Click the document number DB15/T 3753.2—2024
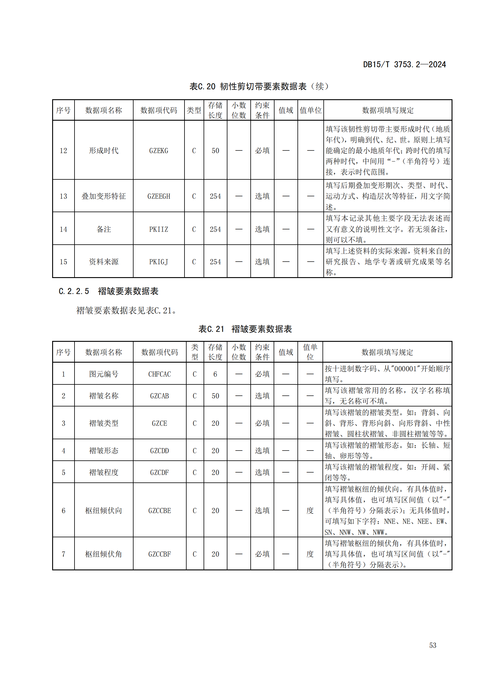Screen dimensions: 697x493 pyautogui.click(x=404, y=64)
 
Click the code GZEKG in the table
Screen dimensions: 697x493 pyautogui.click(x=159, y=150)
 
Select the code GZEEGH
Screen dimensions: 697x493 pyautogui.click(x=159, y=196)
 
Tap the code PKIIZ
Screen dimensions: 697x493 pyautogui.click(x=159, y=229)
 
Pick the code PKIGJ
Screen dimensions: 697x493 pyautogui.click(x=159, y=262)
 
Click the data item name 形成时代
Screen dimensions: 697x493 pyautogui.click(x=103, y=150)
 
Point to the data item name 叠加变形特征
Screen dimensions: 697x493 pyautogui.click(x=103, y=196)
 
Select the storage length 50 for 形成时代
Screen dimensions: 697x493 pyautogui.click(x=215, y=150)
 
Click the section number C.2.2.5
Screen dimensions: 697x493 pyautogui.click(x=74, y=291)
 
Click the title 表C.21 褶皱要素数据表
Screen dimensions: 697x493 pyautogui.click(x=245, y=329)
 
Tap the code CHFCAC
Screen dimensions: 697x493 pyautogui.click(x=159, y=374)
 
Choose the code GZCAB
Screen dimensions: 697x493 pyautogui.click(x=159, y=396)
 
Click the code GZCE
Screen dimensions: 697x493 pyautogui.click(x=159, y=423)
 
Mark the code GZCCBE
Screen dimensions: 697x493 pyautogui.click(x=159, y=511)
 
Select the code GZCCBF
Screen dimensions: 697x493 pyautogui.click(x=159, y=554)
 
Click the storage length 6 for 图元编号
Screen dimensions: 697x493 pyautogui.click(x=215, y=374)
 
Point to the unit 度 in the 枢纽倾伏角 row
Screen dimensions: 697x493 pyautogui.click(x=310, y=554)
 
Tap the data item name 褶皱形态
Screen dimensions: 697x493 pyautogui.click(x=103, y=451)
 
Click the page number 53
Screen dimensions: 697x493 pyautogui.click(x=432, y=645)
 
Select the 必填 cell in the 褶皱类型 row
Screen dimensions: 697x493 pyautogui.click(x=262, y=423)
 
